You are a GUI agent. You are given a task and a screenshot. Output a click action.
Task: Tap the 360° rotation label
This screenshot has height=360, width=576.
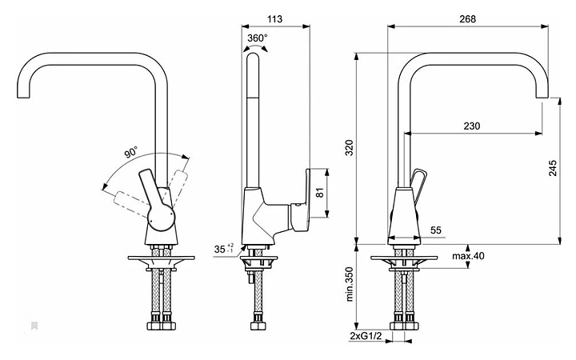tap(257, 38)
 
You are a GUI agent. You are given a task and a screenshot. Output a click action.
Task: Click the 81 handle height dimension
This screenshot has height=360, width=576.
tap(319, 192)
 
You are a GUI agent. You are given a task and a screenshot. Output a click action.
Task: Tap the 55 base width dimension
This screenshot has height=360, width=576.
tap(436, 230)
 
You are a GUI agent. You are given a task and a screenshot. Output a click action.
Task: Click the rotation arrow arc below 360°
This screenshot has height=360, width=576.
tap(256, 49)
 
